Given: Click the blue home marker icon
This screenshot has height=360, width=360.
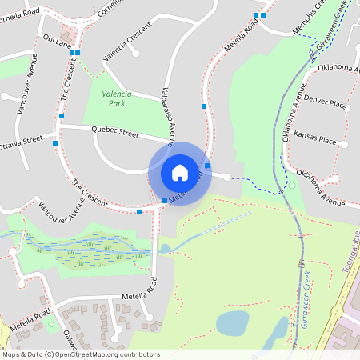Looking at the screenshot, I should (x=180, y=172).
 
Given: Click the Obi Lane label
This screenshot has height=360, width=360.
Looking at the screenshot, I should (x=57, y=38).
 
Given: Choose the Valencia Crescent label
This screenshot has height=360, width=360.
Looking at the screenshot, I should (x=127, y=49).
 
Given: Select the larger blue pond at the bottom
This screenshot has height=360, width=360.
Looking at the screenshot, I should (x=232, y=322).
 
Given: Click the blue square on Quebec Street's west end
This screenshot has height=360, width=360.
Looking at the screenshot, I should (x=55, y=143).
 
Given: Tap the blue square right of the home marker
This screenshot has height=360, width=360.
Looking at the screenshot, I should (x=207, y=166).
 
